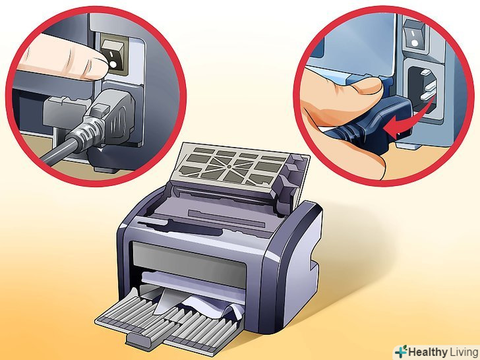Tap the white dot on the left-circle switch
113,65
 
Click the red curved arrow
409,118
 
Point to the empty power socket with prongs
423,88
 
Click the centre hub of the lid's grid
227,167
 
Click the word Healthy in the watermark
427,351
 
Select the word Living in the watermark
464,352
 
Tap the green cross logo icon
402,351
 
